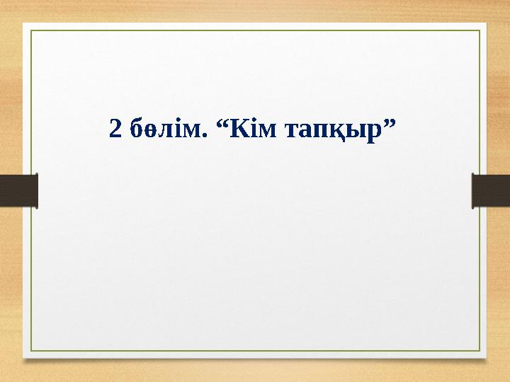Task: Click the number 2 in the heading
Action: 115,129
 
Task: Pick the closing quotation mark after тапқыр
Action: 388,122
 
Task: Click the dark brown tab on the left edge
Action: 18,190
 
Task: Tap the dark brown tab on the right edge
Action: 491,190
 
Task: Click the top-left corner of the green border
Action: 31,30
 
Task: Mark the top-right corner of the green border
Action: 480,30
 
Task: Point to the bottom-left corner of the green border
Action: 31,351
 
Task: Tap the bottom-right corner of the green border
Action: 480,351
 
